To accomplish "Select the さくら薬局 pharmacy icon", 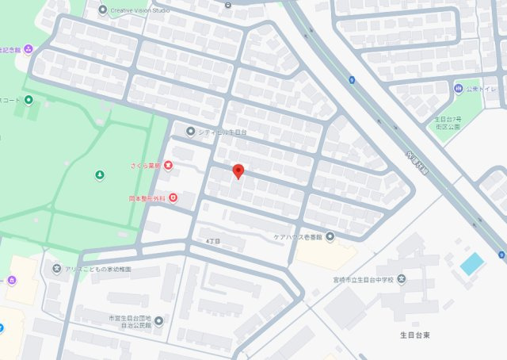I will (x=168, y=165).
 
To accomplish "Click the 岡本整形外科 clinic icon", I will (x=173, y=197).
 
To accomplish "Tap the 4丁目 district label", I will (x=212, y=239).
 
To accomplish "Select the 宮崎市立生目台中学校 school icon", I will (x=402, y=278).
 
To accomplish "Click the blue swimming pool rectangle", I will (x=471, y=264).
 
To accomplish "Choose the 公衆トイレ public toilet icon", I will (x=459, y=88).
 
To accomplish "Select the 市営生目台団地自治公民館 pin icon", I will (x=158, y=320).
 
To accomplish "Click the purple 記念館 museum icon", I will (x=29, y=48).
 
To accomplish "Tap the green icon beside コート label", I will (x=29, y=100).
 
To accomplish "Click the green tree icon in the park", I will (x=100, y=174).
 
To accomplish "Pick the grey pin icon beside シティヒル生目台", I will (x=190, y=132).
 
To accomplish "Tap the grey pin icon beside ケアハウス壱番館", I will (x=330, y=236).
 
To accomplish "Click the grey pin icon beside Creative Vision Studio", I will (x=102, y=10).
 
